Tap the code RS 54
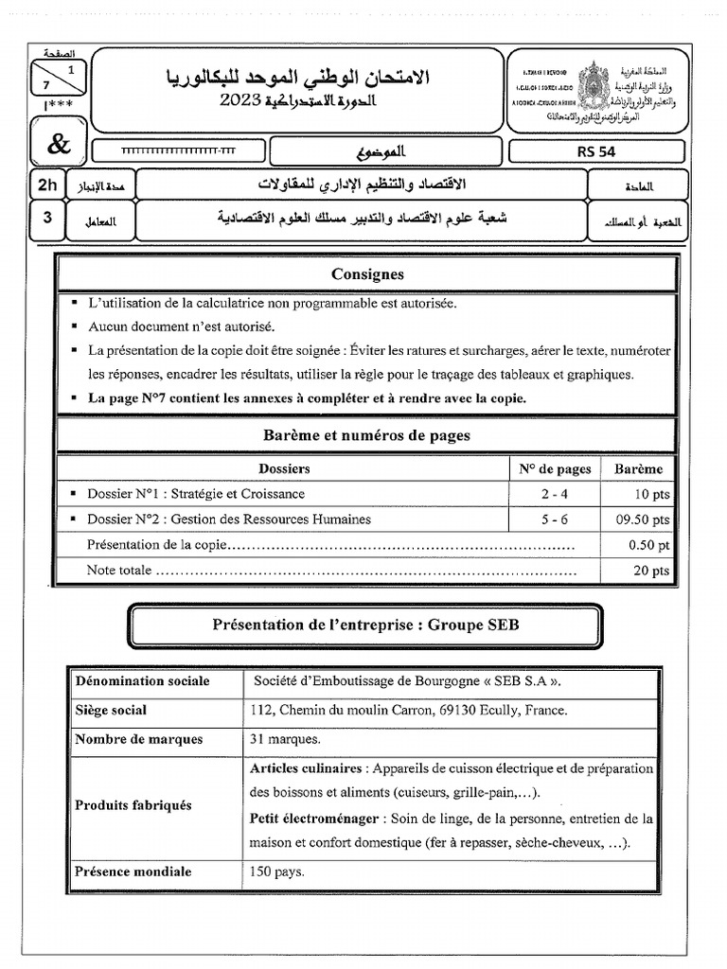(595, 151)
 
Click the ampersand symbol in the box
(59, 144)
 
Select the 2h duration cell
(44, 185)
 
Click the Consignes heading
(367, 274)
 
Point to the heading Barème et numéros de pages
(366, 436)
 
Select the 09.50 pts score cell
(643, 520)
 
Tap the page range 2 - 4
(555, 494)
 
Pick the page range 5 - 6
(555, 520)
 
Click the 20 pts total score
(652, 571)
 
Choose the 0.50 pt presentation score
(649, 545)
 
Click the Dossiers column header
(284, 468)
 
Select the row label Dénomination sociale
(143, 681)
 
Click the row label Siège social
(111, 711)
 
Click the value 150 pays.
(277, 872)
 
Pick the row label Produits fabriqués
(133, 805)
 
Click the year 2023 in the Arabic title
(243, 102)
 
